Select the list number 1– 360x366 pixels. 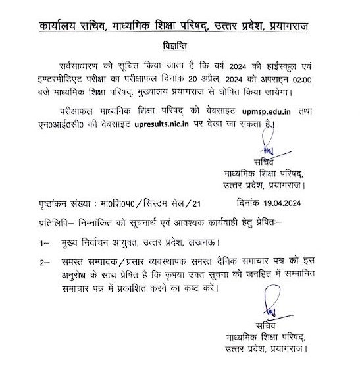coord(44,243)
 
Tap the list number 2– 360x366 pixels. coord(44,263)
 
